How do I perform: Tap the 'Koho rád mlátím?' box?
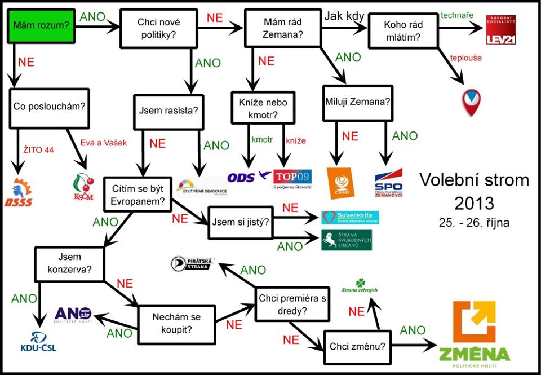(x=402, y=31)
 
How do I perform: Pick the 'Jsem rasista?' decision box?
(x=168, y=110)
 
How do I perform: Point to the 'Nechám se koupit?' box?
(x=176, y=324)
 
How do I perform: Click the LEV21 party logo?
(x=501, y=30)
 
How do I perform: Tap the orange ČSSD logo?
(x=341, y=183)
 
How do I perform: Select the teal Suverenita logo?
(x=350, y=218)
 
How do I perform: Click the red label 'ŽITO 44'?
(x=38, y=149)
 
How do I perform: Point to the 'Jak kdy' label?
(x=344, y=16)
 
